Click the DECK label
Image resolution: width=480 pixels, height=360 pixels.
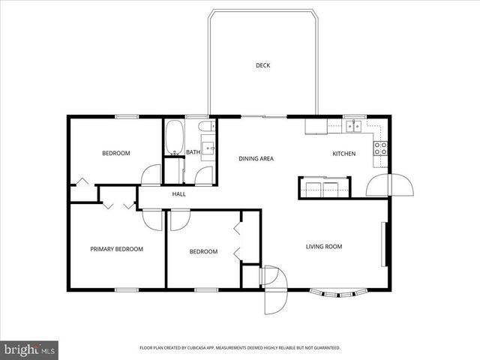pos(262,65)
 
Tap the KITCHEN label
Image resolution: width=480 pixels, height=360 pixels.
pos(344,154)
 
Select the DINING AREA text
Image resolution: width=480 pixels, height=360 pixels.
pos(256,158)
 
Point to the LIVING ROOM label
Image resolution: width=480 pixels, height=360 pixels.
pos(323,246)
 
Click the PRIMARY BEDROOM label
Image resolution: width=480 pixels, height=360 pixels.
pos(116,249)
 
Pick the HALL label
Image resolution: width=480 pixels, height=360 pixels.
pos(178,194)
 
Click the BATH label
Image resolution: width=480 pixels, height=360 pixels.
pos(193,152)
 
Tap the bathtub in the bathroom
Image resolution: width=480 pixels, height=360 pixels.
pos(174,136)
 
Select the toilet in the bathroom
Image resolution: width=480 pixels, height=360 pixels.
pos(206,131)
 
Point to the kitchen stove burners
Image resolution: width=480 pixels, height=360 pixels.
pos(380,147)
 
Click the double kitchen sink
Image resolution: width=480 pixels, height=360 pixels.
pos(352,126)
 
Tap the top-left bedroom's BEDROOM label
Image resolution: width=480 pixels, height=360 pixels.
pos(116,153)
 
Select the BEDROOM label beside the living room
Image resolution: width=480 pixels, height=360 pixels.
pos(203,251)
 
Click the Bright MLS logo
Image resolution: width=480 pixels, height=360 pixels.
pos(30,349)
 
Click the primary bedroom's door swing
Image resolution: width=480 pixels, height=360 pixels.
pos(152,220)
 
